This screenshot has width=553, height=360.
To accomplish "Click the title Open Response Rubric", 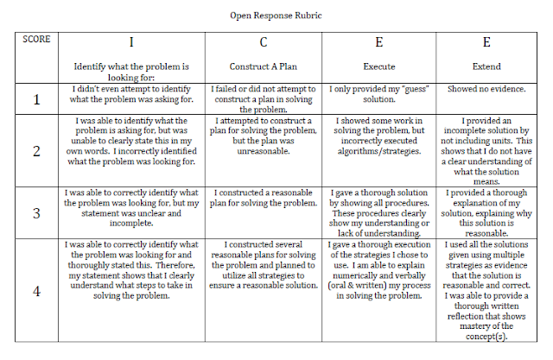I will [x=276, y=16].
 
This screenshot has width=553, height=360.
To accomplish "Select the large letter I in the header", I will [x=131, y=42].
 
